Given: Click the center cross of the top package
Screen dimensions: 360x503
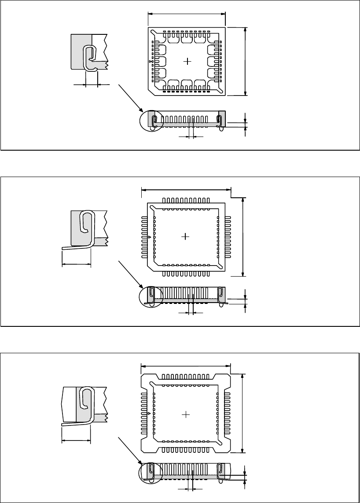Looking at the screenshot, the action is (x=188, y=61).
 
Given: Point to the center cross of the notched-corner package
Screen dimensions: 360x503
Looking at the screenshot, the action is (x=186, y=414).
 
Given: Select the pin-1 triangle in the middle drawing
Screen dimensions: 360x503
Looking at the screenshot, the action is (x=150, y=237).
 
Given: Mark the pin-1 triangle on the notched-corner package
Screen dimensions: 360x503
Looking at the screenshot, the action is (x=150, y=414).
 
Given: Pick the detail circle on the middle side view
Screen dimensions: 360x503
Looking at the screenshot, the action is (x=151, y=296).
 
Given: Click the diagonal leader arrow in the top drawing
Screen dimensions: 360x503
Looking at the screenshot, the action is (x=131, y=98).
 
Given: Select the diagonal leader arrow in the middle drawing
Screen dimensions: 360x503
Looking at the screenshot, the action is (x=131, y=274).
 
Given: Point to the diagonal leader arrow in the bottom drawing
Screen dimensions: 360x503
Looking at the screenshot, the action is (x=131, y=450).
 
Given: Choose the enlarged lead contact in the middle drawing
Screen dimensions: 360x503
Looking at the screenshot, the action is (x=87, y=228).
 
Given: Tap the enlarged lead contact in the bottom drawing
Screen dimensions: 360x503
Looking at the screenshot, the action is (x=87, y=404).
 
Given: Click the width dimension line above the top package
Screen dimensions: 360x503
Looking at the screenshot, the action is (x=187, y=13).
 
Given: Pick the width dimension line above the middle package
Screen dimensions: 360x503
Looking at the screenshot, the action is (x=186, y=190).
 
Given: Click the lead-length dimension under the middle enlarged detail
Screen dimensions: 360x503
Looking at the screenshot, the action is (x=76, y=264).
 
